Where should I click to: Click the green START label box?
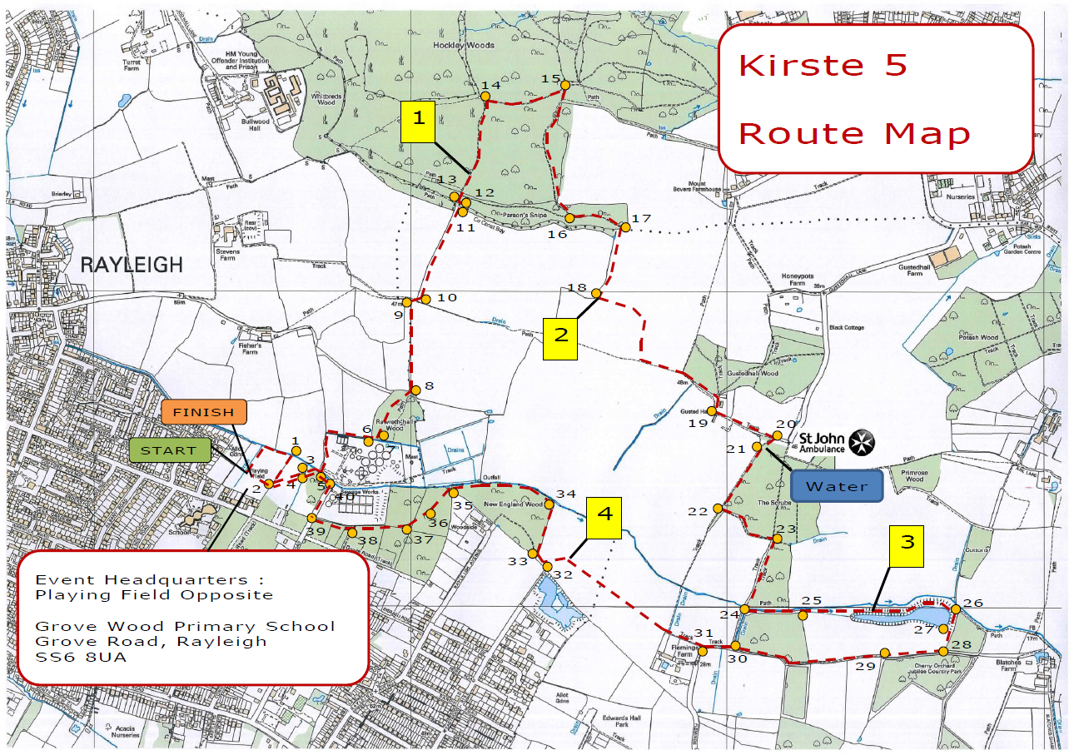click(x=169, y=450)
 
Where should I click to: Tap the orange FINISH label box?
click(x=204, y=413)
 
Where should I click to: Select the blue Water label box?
click(x=837, y=486)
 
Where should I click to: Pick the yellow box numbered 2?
click(x=560, y=337)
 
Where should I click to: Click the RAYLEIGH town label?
click(x=132, y=266)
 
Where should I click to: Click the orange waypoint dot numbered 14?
click(x=485, y=97)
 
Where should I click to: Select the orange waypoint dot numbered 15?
click(x=564, y=85)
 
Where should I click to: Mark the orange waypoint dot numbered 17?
click(x=625, y=226)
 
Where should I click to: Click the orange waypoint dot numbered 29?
click(x=884, y=653)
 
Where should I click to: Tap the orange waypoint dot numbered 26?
click(x=956, y=609)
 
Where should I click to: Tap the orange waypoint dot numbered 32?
click(x=547, y=566)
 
